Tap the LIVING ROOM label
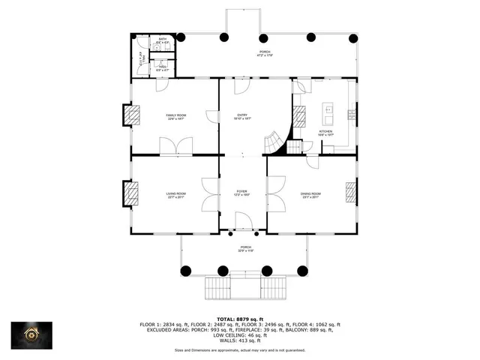click(176, 195)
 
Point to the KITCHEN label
click(325, 133)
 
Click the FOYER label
click(242, 193)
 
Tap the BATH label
click(162, 40)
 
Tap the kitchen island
click(327, 114)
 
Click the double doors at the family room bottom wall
click(176, 147)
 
